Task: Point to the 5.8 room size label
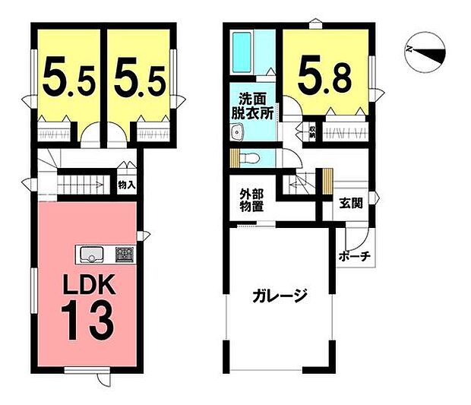pos(324,74)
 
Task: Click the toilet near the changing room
pos(253,158)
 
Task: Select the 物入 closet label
pos(126,184)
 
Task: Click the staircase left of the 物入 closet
pos(84,185)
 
